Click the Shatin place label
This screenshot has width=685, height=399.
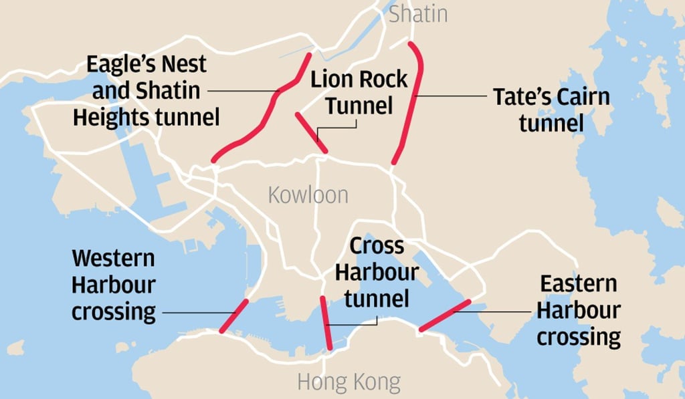418,14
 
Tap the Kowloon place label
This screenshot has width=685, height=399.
308,194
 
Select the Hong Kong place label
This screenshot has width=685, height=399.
349,383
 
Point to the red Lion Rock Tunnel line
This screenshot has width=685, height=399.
311,134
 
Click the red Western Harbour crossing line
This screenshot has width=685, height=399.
233,315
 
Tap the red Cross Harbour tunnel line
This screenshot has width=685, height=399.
326,322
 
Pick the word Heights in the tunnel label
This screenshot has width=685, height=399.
111,118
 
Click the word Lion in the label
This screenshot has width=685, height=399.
332,79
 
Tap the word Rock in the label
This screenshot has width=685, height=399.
383,79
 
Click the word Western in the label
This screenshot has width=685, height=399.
113,258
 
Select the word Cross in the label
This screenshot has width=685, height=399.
377,246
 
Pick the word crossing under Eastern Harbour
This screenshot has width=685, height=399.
579,337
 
